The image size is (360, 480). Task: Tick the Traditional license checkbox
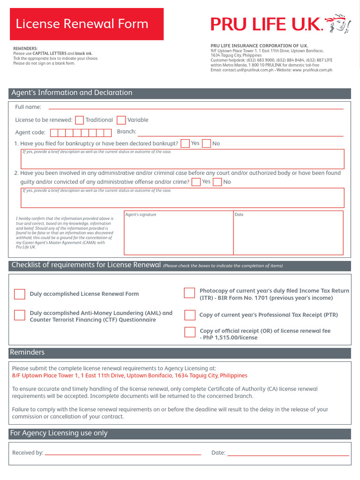[80, 120]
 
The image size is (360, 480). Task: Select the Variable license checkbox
[121, 120]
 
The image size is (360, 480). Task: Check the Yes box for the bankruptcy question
[185, 143]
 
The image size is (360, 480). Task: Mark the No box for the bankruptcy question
[206, 143]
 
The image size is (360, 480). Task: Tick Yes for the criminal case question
[196, 182]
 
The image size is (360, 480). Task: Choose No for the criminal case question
[217, 182]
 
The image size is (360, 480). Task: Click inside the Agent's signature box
[178, 234]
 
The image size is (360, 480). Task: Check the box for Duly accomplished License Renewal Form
[20, 294]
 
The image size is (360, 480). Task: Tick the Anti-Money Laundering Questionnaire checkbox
[20, 315]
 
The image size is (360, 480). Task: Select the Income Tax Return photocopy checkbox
[189, 293]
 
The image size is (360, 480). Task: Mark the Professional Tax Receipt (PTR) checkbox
[189, 315]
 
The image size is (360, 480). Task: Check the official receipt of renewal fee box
[189, 332]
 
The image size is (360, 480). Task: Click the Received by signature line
[123, 454]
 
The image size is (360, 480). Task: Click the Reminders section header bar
[180, 352]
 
